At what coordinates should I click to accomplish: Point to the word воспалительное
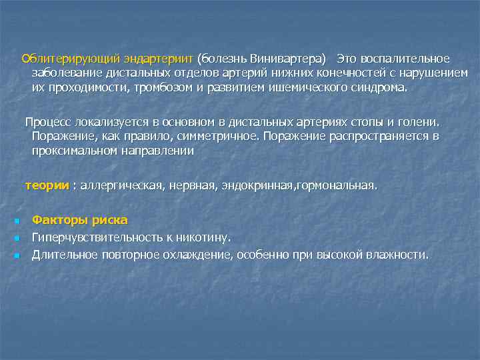click(x=407, y=59)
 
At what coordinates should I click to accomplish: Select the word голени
click(x=419, y=122)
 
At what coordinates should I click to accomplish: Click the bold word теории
click(x=47, y=185)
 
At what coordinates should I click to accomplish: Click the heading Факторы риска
click(x=80, y=220)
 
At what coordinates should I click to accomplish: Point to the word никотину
click(x=207, y=237)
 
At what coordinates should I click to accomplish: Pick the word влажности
click(x=397, y=254)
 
